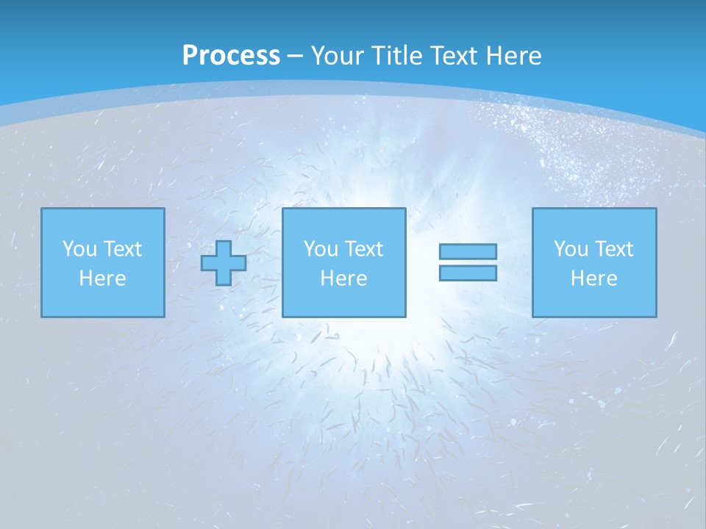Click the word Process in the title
coord(231,56)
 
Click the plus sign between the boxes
coord(224,263)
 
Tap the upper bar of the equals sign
coord(468,251)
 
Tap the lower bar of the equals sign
coord(468,273)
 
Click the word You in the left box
coord(79,249)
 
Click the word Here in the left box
coord(103,278)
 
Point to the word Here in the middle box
coord(344,278)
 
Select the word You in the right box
coord(571,249)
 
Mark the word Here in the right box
coord(594,278)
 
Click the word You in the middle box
coord(321,249)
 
